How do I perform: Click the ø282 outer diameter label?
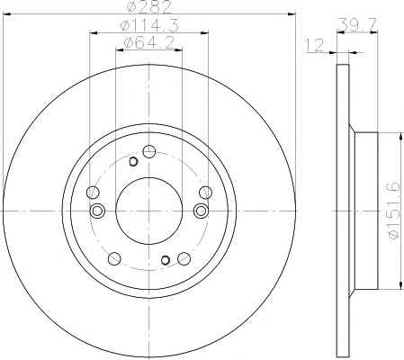pos(149,6)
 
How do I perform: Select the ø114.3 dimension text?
pos(149,25)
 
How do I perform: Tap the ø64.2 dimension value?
pos(149,43)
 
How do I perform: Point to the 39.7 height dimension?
pos(357,24)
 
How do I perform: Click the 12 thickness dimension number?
pos(314,45)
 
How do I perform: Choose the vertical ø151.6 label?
pos(394,211)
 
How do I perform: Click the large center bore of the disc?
pos(149,211)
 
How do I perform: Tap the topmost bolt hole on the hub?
pos(148,151)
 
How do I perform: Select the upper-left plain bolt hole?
pos(93,193)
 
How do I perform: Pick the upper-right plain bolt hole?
pos(205,193)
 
